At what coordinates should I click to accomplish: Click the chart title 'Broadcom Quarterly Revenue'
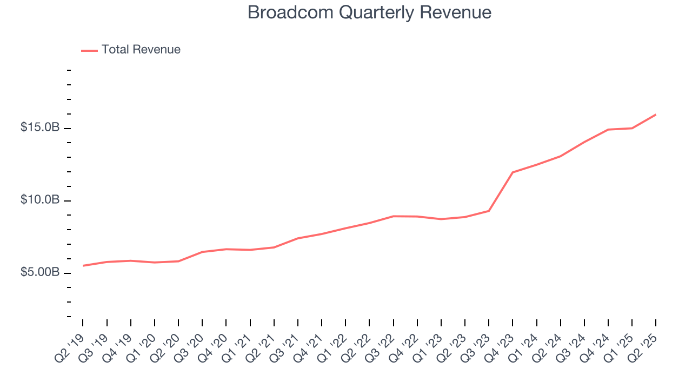[369, 12]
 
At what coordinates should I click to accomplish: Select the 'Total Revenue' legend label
[141, 50]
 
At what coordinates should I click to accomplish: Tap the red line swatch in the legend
[89, 50]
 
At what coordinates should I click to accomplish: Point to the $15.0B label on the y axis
[40, 128]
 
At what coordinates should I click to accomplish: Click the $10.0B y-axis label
[40, 200]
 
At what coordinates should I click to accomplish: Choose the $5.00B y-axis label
[40, 272]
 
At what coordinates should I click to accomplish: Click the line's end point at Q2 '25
[656, 115]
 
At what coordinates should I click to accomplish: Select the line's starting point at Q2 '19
[83, 265]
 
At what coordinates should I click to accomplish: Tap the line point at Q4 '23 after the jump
[513, 172]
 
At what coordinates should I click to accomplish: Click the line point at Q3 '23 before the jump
[489, 211]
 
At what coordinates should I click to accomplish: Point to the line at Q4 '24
[608, 130]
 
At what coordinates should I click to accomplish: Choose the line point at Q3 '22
[394, 216]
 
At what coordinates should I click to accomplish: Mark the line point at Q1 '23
[441, 219]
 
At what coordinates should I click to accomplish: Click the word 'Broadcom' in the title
[284, 12]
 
